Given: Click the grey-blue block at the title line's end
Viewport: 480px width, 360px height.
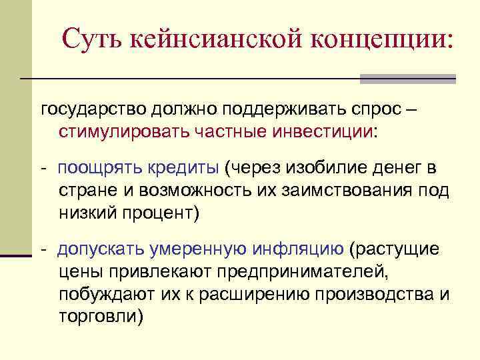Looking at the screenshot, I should [407, 79].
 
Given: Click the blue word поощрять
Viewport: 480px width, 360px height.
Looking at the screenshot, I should [95, 167].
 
